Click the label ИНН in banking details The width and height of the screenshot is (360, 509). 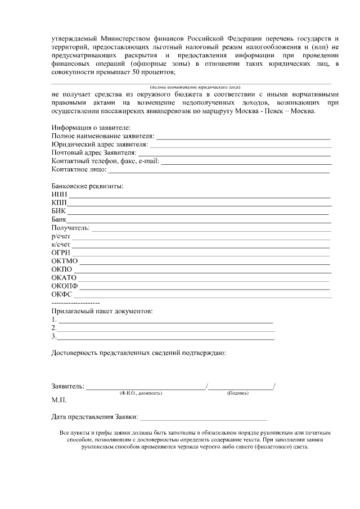(59, 195)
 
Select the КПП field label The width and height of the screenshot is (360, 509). (59, 203)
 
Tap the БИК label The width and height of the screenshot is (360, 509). (58, 211)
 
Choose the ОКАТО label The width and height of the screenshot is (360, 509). (64, 277)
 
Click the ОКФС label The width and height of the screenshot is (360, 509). (62, 294)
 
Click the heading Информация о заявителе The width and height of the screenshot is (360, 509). (91, 128)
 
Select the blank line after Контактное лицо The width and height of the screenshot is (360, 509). (219, 169)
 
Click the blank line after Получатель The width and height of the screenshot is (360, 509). (211, 228)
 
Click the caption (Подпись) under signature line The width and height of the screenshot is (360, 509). (238, 393)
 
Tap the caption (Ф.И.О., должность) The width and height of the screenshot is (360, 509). (141, 393)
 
